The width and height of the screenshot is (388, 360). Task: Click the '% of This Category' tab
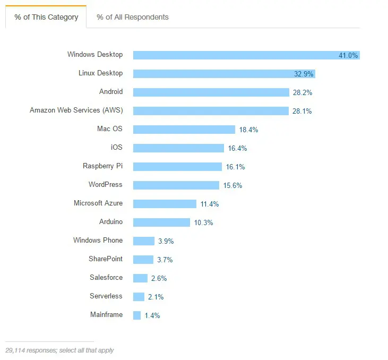pyautogui.click(x=46, y=17)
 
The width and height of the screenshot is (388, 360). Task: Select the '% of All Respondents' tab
pyautogui.click(x=133, y=17)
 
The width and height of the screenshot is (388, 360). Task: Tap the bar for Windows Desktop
pyautogui.click(x=234, y=55)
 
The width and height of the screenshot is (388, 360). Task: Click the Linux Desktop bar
pyautogui.click(x=212, y=74)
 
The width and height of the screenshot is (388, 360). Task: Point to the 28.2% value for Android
pyautogui.click(x=302, y=92)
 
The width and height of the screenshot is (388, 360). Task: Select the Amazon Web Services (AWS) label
pyautogui.click(x=76, y=110)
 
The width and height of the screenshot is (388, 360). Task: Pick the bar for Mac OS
pyautogui.click(x=184, y=130)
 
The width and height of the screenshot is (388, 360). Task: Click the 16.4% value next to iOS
pyautogui.click(x=237, y=148)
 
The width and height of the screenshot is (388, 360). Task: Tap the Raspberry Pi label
pyautogui.click(x=102, y=166)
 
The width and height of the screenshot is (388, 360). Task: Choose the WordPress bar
pyautogui.click(x=176, y=185)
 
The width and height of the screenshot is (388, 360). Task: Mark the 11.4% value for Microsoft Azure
pyautogui.click(x=209, y=204)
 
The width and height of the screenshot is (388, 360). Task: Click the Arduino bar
pyautogui.click(x=161, y=222)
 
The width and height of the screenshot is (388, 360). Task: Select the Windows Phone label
pyautogui.click(x=98, y=241)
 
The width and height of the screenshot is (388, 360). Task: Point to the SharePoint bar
pyautogui.click(x=143, y=260)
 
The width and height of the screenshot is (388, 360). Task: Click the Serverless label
pyautogui.click(x=106, y=296)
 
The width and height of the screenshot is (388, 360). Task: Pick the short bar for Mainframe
pyautogui.click(x=137, y=315)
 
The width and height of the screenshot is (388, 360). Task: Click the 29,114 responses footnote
pyautogui.click(x=59, y=350)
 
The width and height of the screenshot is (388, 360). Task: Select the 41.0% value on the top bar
pyautogui.click(x=348, y=55)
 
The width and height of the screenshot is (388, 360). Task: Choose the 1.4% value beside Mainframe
pyautogui.click(x=152, y=315)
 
